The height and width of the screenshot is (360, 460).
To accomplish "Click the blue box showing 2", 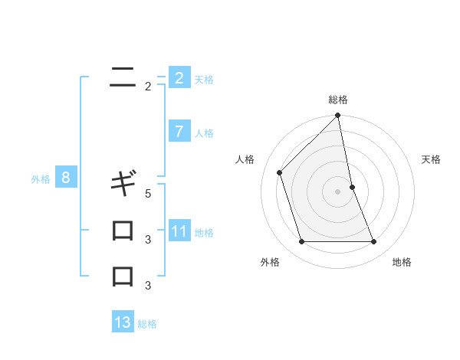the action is click(179, 78).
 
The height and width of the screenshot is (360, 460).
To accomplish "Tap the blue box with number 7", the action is click(179, 132).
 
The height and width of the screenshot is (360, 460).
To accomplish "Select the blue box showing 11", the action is click(179, 231).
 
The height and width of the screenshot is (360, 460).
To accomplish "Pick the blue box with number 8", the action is click(66, 178).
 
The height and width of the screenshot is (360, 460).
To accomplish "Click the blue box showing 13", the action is click(123, 322).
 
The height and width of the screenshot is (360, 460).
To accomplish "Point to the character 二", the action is click(123, 77).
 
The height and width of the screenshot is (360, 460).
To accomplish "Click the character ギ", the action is click(123, 184).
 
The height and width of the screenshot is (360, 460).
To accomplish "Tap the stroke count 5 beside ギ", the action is click(148, 194).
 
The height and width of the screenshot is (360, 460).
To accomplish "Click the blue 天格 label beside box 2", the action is click(204, 79).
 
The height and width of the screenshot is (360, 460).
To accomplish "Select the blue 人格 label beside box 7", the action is click(204, 133).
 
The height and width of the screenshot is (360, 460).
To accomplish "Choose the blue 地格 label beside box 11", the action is click(204, 233).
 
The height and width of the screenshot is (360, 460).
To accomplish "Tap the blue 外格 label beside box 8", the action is click(41, 179).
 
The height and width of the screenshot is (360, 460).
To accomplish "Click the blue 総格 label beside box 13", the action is click(147, 324).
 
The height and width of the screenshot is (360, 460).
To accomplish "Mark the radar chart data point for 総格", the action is click(338, 116).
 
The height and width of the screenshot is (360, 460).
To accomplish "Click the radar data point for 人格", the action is click(280, 172).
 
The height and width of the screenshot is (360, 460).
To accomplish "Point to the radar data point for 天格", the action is click(352, 187).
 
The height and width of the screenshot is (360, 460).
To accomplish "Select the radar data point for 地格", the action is click(374, 242).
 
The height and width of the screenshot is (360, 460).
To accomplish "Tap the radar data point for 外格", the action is click(301, 242).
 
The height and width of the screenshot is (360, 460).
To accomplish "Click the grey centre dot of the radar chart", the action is click(338, 191).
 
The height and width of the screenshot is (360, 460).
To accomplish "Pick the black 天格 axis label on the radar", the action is click(431, 159).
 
